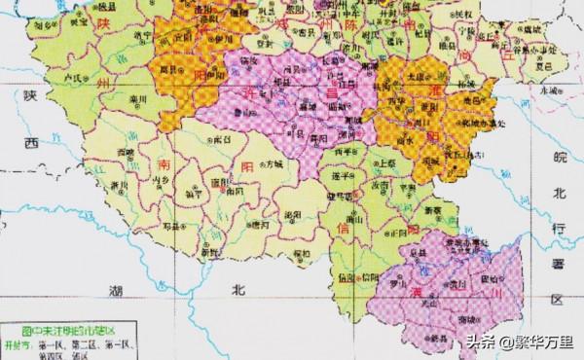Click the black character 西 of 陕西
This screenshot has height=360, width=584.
pos(32,142)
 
